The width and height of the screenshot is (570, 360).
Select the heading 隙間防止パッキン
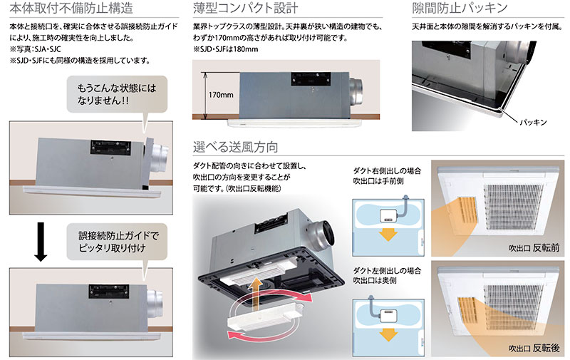[x=460, y=9]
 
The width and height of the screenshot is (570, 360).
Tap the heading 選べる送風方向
[x=236, y=148]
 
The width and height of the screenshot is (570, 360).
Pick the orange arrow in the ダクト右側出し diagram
[x=388, y=235]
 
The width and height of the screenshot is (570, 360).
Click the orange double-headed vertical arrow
[x=254, y=295]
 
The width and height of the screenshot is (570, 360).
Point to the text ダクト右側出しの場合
[x=387, y=170]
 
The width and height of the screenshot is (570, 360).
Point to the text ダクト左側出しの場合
[x=387, y=271]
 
